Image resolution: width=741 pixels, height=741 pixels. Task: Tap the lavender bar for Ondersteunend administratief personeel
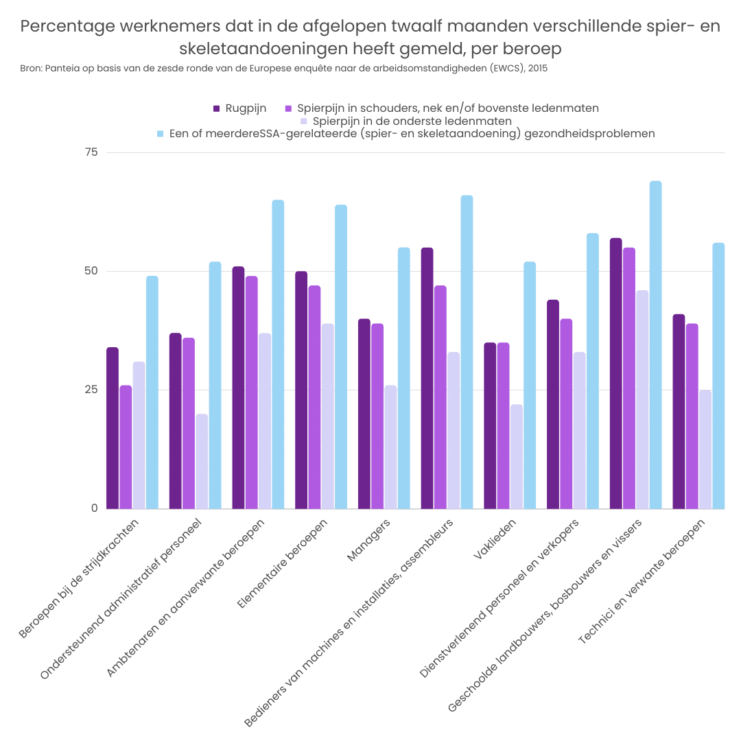pos(202,461)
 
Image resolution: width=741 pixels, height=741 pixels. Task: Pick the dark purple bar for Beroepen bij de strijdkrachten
pos(113,428)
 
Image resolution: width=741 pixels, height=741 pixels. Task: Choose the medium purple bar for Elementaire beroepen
pos(314,397)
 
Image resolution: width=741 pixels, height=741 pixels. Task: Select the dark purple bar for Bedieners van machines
pos(427,378)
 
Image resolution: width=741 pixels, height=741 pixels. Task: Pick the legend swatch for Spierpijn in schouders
pos(289,108)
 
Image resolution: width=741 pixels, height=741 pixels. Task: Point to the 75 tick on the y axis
pos(92,152)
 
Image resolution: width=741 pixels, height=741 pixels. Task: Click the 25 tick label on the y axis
pos(92,390)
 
